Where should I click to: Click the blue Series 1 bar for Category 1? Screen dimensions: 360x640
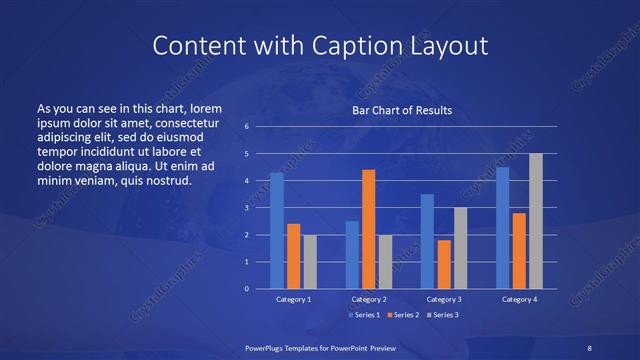pos(277,231)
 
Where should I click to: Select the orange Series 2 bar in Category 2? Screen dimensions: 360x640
pos(368,229)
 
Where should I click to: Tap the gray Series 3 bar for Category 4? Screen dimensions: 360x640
pos(535,221)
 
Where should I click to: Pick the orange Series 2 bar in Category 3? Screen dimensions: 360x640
pos(443,264)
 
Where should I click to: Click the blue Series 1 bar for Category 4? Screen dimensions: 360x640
pos(503,228)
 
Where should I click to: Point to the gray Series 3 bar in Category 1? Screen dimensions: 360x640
pos(310,262)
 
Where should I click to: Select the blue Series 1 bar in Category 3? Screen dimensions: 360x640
pos(427,241)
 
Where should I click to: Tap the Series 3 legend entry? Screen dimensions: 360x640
pos(445,315)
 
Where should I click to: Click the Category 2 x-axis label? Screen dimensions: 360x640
pos(368,300)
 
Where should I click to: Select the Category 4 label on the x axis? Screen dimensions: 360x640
pos(519,300)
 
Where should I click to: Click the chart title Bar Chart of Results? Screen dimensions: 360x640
pos(402,110)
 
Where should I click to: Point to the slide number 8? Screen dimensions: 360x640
pos(589,347)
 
